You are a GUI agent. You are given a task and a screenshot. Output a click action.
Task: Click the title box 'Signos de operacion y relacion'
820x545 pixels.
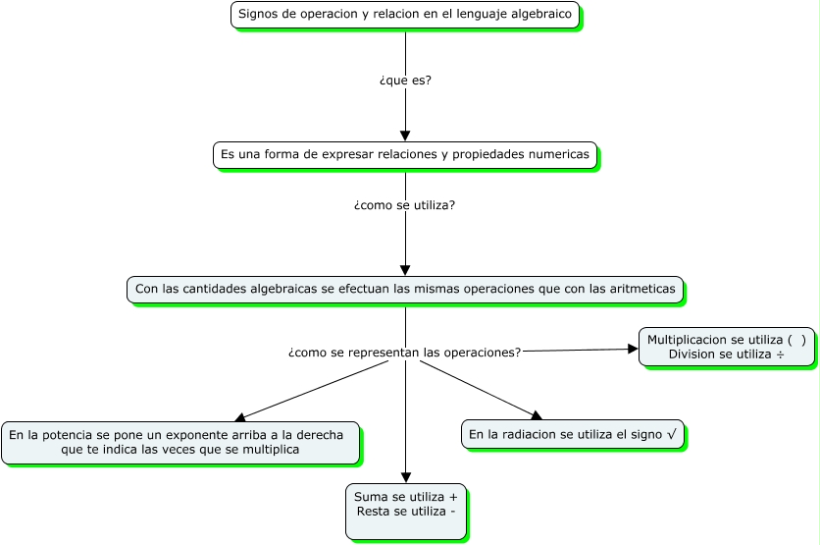[x=405, y=15]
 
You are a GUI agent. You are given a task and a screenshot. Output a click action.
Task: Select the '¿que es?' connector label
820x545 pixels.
[x=405, y=81]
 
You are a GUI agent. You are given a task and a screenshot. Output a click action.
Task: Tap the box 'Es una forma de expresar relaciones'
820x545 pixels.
[x=405, y=155]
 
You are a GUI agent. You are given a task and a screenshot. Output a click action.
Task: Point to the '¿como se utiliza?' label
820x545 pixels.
[x=405, y=205]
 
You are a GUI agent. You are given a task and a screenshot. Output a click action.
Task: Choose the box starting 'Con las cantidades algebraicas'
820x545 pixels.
[x=405, y=290]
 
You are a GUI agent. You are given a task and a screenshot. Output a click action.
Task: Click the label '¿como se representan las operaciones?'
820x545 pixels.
[x=405, y=352]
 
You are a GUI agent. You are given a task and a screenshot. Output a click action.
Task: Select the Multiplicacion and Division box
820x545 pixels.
[x=727, y=347]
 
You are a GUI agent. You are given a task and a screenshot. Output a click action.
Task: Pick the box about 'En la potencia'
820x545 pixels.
[x=180, y=442]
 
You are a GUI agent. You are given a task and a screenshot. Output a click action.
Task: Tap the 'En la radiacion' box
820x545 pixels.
[x=572, y=435]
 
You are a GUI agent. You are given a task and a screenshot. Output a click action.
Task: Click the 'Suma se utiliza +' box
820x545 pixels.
[x=406, y=511]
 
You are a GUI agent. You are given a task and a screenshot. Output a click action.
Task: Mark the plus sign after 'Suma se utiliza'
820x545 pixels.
[x=452, y=498]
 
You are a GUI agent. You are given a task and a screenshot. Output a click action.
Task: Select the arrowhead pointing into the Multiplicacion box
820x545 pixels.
[x=633, y=349]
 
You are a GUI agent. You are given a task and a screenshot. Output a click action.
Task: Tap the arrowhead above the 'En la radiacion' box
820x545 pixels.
[x=536, y=416]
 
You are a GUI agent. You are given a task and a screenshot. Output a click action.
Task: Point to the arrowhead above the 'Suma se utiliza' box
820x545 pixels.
[x=406, y=477]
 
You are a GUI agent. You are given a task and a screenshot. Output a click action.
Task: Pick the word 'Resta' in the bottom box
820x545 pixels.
[x=372, y=512]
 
